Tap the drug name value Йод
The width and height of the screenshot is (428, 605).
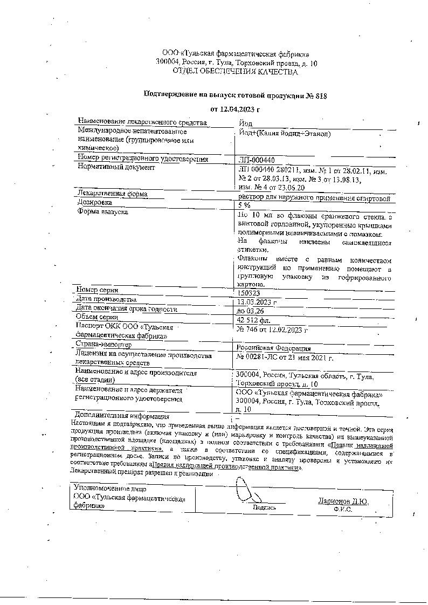click(x=244, y=123)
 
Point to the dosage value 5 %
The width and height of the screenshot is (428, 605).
click(x=245, y=205)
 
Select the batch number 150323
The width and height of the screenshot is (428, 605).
click(x=249, y=292)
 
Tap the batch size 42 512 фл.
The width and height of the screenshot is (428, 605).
click(x=254, y=320)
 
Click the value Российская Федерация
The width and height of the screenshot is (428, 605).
click(x=273, y=348)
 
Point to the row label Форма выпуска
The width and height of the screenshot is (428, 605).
click(x=103, y=212)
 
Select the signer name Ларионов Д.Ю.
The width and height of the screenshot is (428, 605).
click(x=343, y=501)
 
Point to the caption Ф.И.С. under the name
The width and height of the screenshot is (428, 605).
click(x=343, y=509)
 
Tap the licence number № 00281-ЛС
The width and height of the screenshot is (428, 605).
click(x=258, y=357)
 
